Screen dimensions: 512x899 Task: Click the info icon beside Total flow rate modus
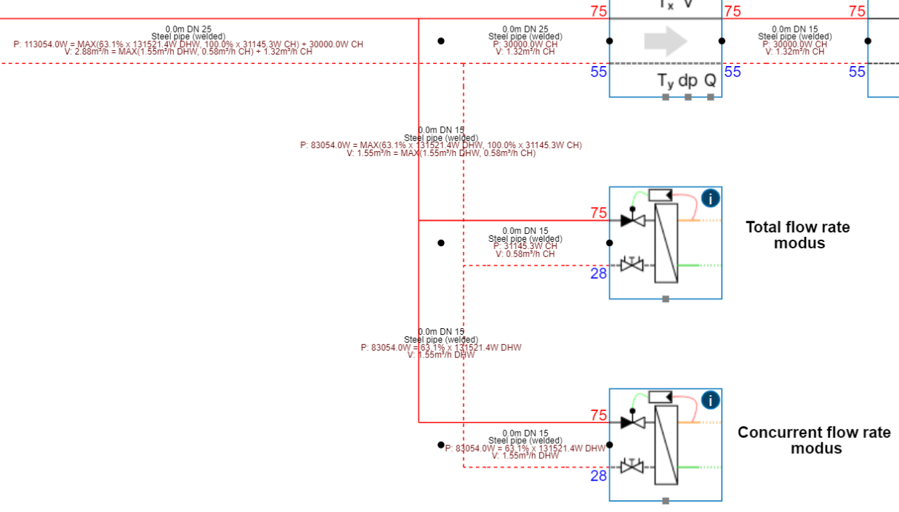click(710, 198)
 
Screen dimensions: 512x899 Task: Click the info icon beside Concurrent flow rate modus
click(710, 399)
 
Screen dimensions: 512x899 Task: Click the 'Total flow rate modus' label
click(797, 235)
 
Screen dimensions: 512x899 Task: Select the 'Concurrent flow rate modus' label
click(814, 440)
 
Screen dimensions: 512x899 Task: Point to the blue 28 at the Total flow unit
click(598, 274)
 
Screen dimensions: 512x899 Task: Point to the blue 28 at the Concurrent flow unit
click(598, 476)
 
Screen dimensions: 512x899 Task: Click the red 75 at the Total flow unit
click(598, 213)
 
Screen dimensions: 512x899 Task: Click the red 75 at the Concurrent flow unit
click(598, 415)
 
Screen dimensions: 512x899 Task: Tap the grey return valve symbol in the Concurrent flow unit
click(633, 466)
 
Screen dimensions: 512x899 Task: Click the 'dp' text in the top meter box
click(688, 81)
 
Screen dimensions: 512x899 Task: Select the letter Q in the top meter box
click(710, 81)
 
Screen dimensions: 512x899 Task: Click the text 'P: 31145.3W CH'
click(525, 246)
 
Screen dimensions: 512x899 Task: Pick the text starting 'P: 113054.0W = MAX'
click(188, 44)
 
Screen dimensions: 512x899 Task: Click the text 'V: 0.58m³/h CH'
click(525, 254)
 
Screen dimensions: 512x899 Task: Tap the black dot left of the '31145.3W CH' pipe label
click(441, 243)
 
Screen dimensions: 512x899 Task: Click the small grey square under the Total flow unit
click(666, 298)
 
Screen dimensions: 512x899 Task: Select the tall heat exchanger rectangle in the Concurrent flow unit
click(666, 444)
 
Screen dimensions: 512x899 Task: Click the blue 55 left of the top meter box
click(598, 72)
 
